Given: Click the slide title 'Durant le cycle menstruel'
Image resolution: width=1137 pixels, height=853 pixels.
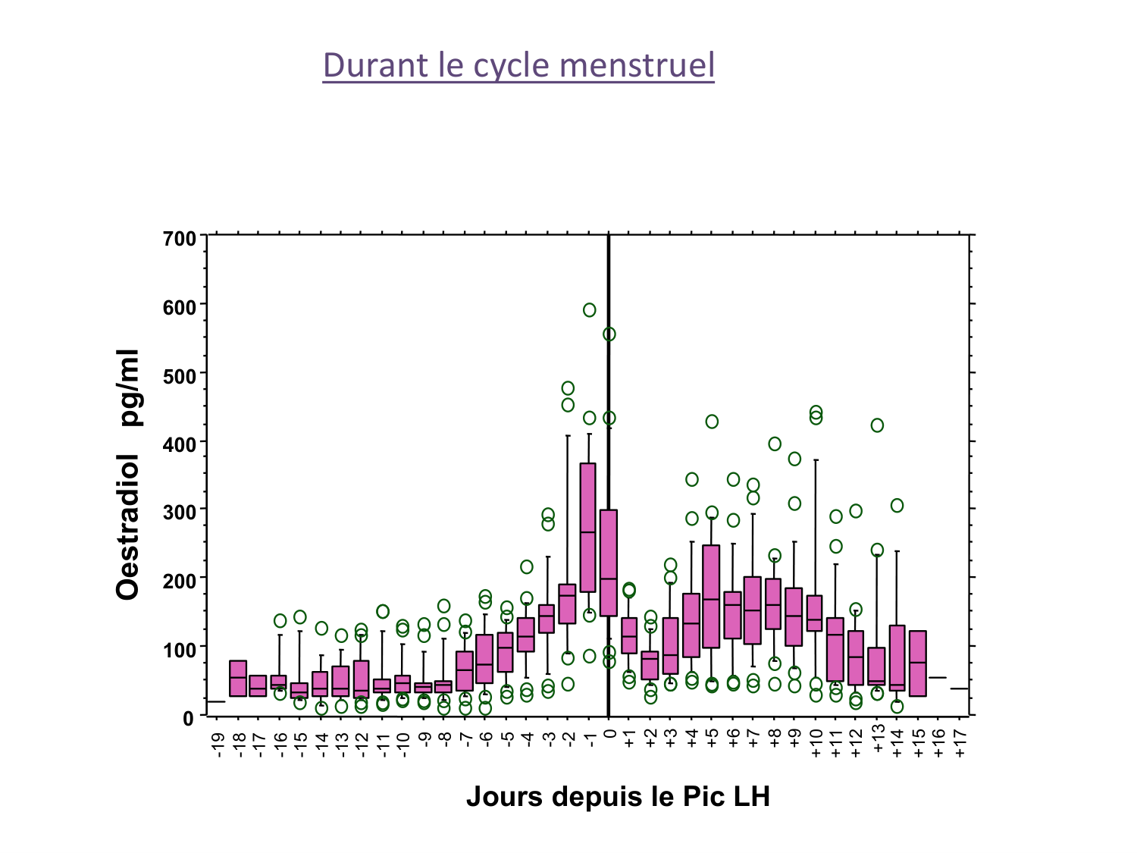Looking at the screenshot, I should point(518,65).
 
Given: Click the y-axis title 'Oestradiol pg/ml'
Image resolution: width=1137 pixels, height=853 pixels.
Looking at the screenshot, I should point(129,475).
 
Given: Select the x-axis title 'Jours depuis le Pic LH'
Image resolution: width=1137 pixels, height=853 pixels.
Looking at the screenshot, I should point(618,797).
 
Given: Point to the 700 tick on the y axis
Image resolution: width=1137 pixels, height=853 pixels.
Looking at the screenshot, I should point(180,239).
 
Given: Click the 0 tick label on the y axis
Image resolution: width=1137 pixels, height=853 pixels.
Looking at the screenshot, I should point(189,717).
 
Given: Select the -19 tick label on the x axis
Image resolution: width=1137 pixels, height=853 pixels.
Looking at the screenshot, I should point(218,745).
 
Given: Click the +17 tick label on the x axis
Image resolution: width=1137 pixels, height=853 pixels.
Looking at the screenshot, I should point(960,745).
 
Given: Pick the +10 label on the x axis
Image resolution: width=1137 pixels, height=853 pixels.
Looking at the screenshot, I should point(816,745).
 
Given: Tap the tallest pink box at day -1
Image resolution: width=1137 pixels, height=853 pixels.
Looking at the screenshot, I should point(587,527).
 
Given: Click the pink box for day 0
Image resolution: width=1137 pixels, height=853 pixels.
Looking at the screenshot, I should point(609,563).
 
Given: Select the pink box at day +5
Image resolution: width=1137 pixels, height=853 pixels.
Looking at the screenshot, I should point(711,596).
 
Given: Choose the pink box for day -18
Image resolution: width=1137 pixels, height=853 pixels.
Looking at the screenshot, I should point(238,678).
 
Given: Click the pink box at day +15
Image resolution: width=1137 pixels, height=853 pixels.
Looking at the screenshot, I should point(918,663).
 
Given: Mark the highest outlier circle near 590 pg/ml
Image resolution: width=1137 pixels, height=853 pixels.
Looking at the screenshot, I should point(589,310).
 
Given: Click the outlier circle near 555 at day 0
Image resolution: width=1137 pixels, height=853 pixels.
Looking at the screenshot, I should point(609,334).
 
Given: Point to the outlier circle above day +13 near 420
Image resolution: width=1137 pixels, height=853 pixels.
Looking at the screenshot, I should point(877,425).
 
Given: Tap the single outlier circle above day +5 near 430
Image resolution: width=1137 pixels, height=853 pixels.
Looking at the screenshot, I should point(712,422).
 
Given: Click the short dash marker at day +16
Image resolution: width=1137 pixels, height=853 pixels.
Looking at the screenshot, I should point(938,678).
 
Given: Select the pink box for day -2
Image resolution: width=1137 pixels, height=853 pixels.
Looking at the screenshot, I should point(567,604).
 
